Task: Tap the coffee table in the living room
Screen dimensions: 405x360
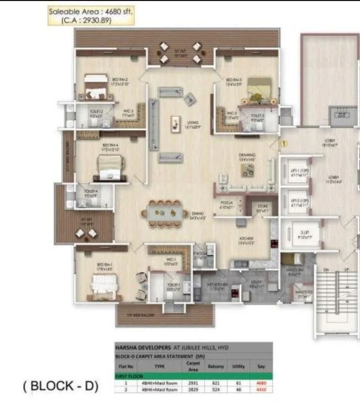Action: [175, 122]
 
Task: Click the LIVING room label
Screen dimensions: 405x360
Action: [190, 123]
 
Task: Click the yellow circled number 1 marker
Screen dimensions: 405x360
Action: [283, 144]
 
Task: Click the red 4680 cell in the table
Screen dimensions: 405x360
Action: [261, 383]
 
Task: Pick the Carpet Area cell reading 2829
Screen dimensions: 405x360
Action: [191, 389]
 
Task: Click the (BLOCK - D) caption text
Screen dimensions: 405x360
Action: [61, 387]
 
